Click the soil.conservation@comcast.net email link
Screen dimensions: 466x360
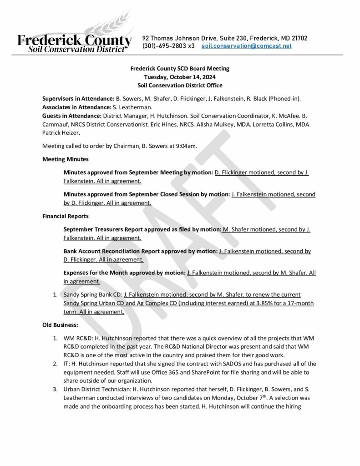[246, 46]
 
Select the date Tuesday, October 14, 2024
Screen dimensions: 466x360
[180, 77]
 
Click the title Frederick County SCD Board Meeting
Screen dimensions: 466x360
[180, 68]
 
